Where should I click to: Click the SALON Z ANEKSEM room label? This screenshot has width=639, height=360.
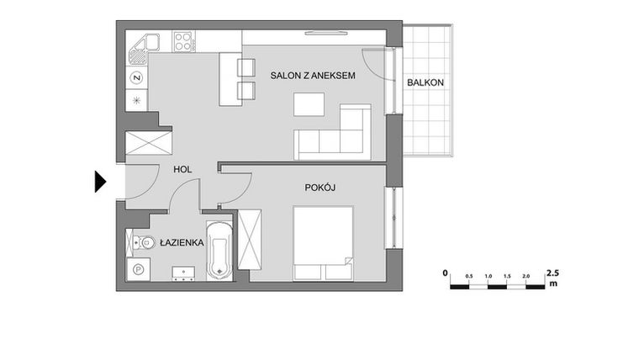coord(312,77)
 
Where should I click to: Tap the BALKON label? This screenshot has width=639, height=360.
coord(425,82)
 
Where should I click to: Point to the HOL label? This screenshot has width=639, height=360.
coord(182,169)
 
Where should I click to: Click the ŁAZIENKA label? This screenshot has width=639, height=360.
coord(182,243)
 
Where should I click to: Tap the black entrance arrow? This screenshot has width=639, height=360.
coord(100,181)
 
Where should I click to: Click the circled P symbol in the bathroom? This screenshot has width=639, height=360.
coord(137,269)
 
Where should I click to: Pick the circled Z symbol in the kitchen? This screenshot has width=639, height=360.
coord(136,78)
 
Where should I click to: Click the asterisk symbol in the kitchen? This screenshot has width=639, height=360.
coord(136,100)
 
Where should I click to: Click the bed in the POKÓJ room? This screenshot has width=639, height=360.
coord(322,243)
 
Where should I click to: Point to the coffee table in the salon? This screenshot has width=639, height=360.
coord(308,105)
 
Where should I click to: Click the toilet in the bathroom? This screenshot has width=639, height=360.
coord(136,243)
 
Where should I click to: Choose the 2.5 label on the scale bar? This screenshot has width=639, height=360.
coord(552,273)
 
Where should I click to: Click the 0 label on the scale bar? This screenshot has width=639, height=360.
coord(446,273)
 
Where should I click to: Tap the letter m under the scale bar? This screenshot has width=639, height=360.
coord(553,284)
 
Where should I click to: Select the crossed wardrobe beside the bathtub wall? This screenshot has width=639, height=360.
coord(251,239)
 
